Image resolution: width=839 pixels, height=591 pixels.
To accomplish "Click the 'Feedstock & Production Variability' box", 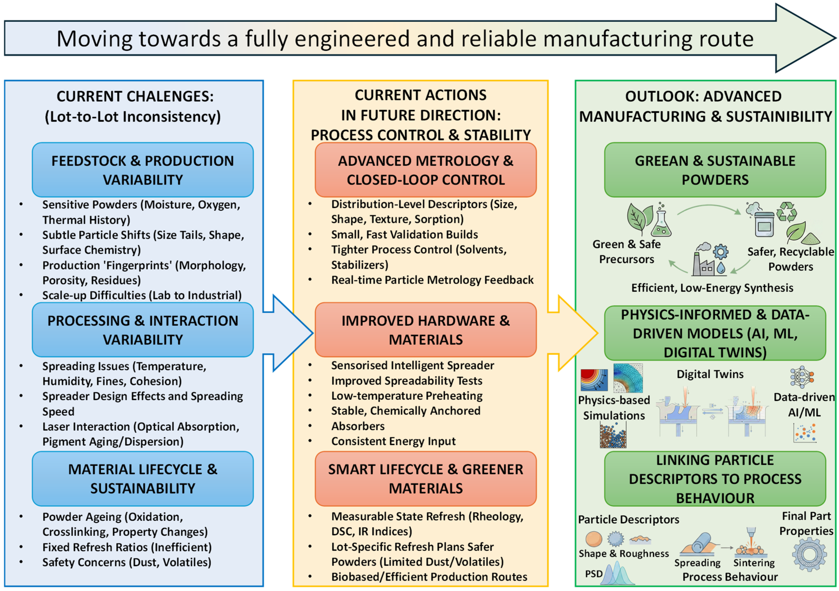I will tap(142, 170).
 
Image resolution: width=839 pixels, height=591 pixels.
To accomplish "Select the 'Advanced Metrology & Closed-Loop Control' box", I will tap(425, 170).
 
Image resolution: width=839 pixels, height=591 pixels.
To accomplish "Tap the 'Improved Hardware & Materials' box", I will tap(425, 330).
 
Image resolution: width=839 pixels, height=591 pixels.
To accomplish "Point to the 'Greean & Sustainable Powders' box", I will tap(715, 170).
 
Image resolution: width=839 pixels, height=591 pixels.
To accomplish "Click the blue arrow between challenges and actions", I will tap(289, 333).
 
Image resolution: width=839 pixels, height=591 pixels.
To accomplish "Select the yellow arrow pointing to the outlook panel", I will tap(574, 333).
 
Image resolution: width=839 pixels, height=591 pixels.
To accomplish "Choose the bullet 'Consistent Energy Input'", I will tap(393, 441).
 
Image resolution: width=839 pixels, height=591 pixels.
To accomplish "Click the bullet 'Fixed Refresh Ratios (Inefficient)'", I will tap(127, 547).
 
